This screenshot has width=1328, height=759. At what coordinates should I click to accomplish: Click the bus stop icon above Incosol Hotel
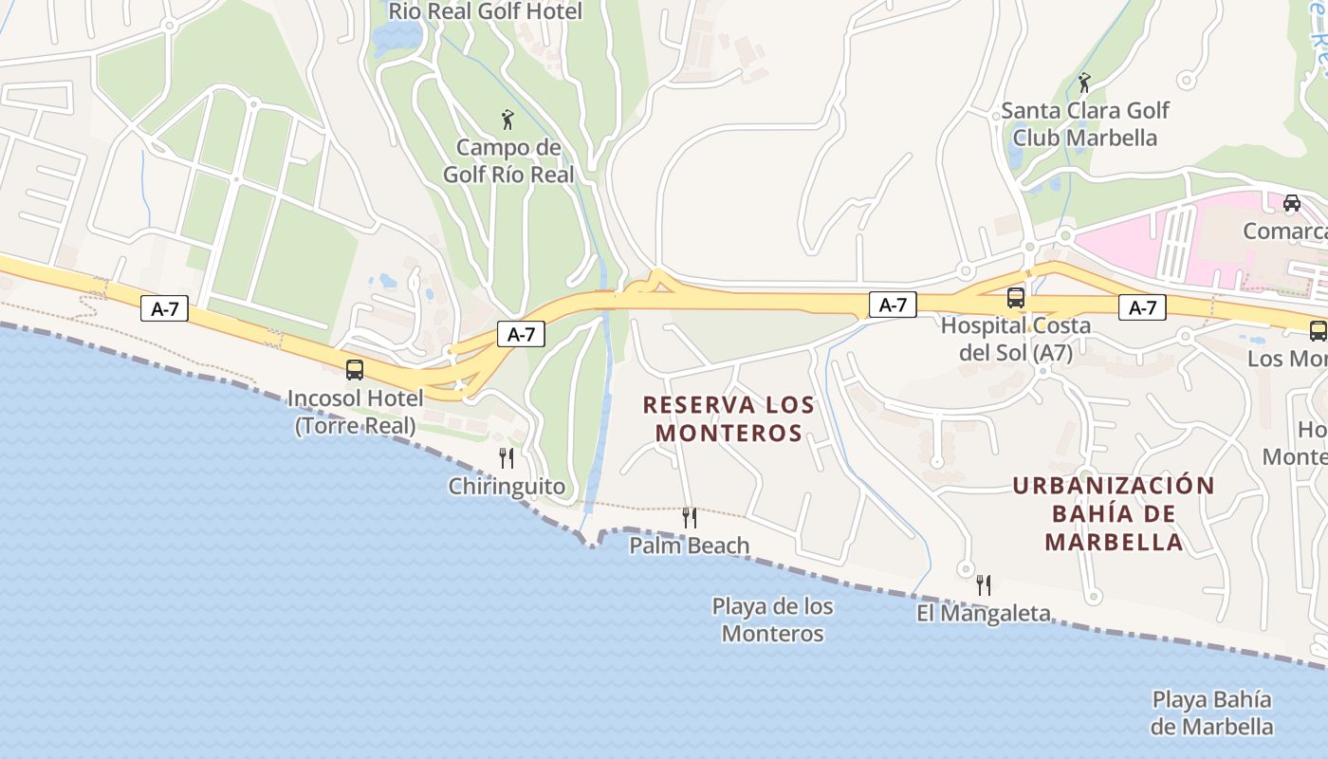pos(355,370)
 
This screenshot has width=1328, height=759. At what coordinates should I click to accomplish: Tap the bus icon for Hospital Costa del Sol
pos(1016,298)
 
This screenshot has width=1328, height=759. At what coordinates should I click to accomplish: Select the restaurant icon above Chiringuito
pos(507,458)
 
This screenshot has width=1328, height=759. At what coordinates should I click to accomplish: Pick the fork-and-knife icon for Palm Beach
pos(690,517)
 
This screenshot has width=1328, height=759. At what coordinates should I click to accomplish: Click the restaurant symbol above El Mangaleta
pos(984,584)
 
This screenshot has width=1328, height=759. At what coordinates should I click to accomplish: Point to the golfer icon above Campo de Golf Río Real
pos(507,120)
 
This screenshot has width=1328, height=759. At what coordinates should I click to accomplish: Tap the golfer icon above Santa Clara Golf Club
pos(1084,83)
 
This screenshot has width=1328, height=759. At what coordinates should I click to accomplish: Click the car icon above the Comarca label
pos(1292,202)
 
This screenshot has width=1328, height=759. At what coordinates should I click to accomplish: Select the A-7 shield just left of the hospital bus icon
pos(893,305)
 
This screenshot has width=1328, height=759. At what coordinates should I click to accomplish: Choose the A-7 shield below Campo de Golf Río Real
pos(521,333)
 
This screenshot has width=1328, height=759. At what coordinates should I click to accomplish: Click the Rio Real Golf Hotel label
pos(486,11)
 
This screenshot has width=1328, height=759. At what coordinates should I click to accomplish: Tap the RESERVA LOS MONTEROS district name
pos(729,418)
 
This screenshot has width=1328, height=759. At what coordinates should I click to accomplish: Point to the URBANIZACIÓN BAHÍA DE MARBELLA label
pos(1114,513)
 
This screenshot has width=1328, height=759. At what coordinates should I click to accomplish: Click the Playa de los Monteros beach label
pos(772,620)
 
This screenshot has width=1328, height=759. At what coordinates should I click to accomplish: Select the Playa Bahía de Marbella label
pos(1211,713)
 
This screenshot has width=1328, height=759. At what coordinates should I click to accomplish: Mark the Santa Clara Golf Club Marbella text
pos(1085,123)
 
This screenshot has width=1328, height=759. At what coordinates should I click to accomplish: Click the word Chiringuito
pos(507,487)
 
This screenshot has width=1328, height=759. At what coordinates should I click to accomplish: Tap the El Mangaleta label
pos(984,613)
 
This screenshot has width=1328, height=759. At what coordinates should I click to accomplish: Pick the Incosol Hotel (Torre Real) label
pos(355,411)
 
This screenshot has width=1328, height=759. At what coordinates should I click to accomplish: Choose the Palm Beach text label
pos(690,546)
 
